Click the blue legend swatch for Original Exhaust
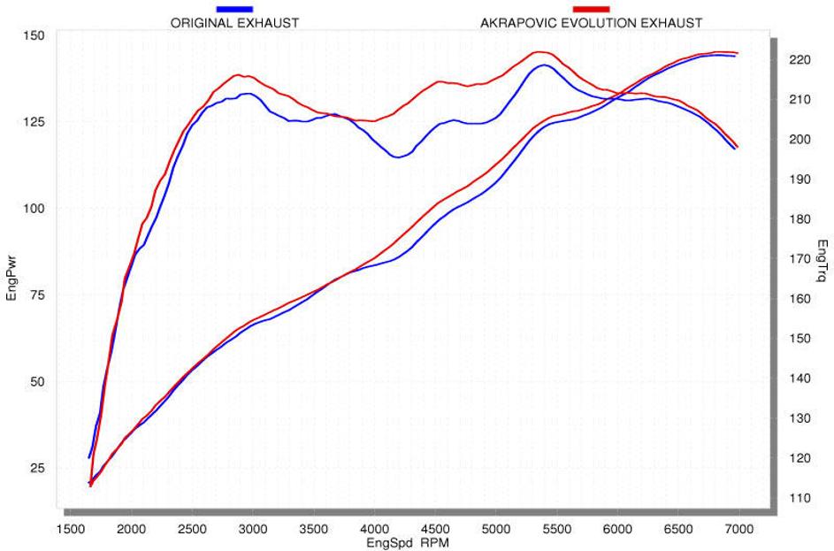click(233, 9)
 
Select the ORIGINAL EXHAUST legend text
click(233, 23)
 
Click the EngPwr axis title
click(11, 276)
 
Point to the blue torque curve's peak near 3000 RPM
click(248, 93)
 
